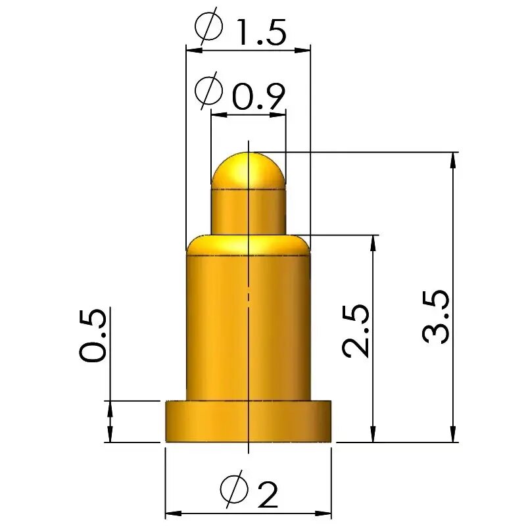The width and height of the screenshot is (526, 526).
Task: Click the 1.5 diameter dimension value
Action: coord(261,32)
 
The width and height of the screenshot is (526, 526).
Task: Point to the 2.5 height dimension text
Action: coord(355,331)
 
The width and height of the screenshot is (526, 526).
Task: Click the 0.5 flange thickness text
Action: coord(93,335)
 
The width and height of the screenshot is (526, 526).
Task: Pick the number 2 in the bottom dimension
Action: coord(268,494)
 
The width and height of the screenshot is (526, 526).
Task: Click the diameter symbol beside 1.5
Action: coord(208,26)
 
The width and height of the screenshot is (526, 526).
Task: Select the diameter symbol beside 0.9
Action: coord(208,91)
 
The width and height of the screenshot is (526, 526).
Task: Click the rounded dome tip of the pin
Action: coord(249,170)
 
